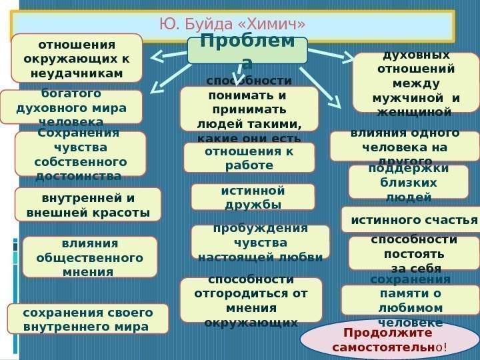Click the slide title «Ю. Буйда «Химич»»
233,25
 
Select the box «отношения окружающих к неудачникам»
77,58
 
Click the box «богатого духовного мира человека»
71,107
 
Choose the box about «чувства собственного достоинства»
80,154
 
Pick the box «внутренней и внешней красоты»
87,205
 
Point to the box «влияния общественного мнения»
90,257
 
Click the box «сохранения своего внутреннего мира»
87,319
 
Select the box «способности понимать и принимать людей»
249,109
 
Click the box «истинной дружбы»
253,197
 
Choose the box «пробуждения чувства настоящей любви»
260,241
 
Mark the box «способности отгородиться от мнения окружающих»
251,300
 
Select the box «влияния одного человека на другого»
404,146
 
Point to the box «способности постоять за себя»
414,253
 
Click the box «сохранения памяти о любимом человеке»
410,300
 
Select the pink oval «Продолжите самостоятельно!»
390,339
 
